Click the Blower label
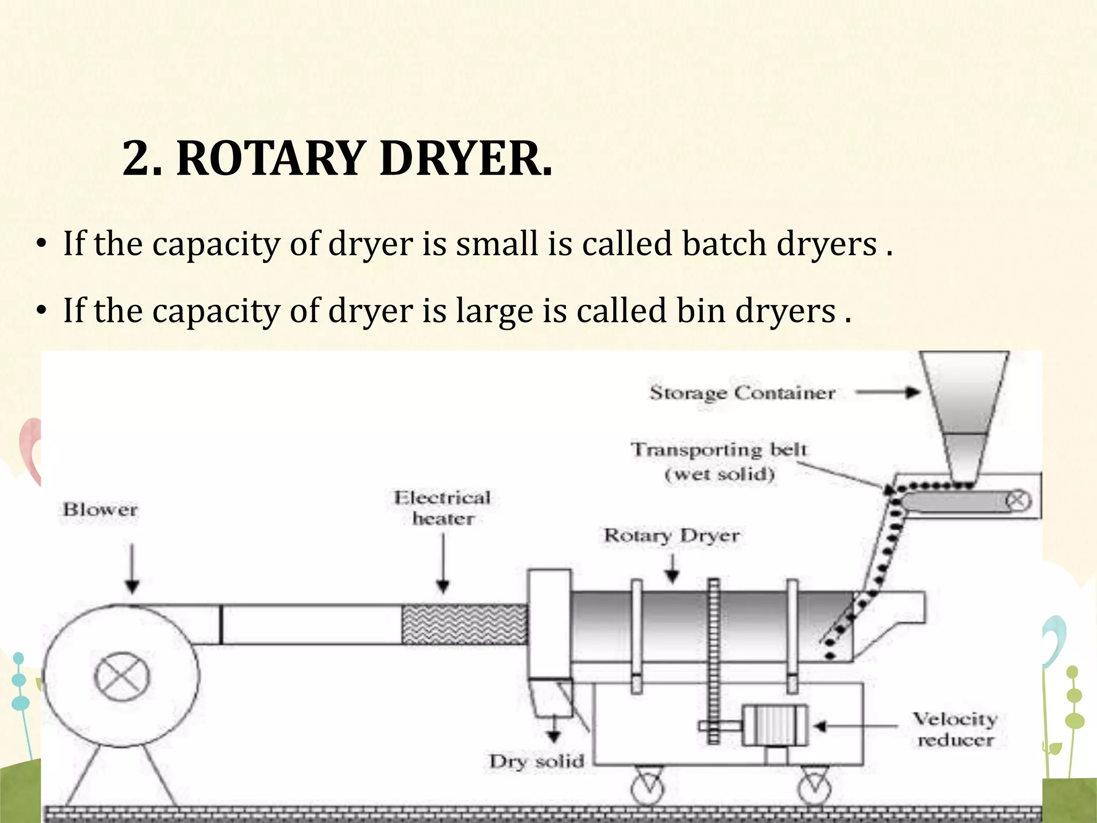[101, 509]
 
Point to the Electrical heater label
[442, 508]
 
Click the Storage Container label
[742, 393]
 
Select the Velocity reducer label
[955, 729]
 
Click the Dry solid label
[537, 761]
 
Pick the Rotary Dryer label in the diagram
[672, 535]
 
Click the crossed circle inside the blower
[122, 677]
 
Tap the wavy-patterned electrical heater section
[464, 624]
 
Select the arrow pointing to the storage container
[888, 393]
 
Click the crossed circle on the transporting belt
[1018, 501]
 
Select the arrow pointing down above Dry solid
[554, 730]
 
